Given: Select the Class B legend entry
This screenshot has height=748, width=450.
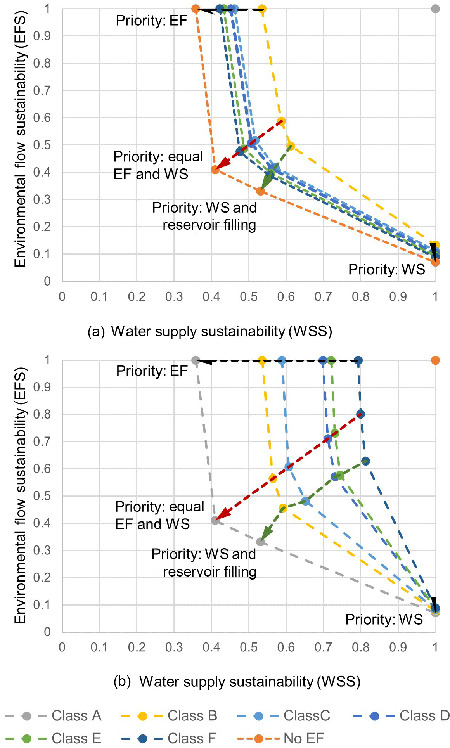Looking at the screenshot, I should click(170, 716).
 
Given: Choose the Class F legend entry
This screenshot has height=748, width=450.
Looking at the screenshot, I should click(169, 738).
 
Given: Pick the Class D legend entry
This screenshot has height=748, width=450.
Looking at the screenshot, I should click(402, 716).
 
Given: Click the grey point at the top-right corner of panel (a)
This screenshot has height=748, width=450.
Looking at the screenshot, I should click(435, 9).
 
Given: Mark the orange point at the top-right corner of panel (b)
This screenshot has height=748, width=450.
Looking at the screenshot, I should click(435, 360).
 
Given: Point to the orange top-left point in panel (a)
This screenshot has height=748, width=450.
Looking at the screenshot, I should click(196, 9).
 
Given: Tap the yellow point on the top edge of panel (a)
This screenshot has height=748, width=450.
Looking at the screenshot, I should click(262, 9).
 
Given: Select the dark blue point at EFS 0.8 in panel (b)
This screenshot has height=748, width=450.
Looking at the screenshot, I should click(360, 414).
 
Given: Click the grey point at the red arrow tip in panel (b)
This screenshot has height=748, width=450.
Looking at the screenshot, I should click(215, 520).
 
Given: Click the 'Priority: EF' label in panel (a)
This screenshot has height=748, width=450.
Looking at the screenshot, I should click(151, 21).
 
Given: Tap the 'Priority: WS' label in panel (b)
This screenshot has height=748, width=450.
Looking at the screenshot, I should click(384, 619).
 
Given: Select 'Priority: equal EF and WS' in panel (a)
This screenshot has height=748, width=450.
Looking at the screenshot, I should click(158, 165).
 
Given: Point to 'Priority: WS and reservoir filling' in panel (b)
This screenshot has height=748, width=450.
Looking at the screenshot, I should click(204, 563).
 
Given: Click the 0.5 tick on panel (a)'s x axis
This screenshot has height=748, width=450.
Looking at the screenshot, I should click(248, 297).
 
